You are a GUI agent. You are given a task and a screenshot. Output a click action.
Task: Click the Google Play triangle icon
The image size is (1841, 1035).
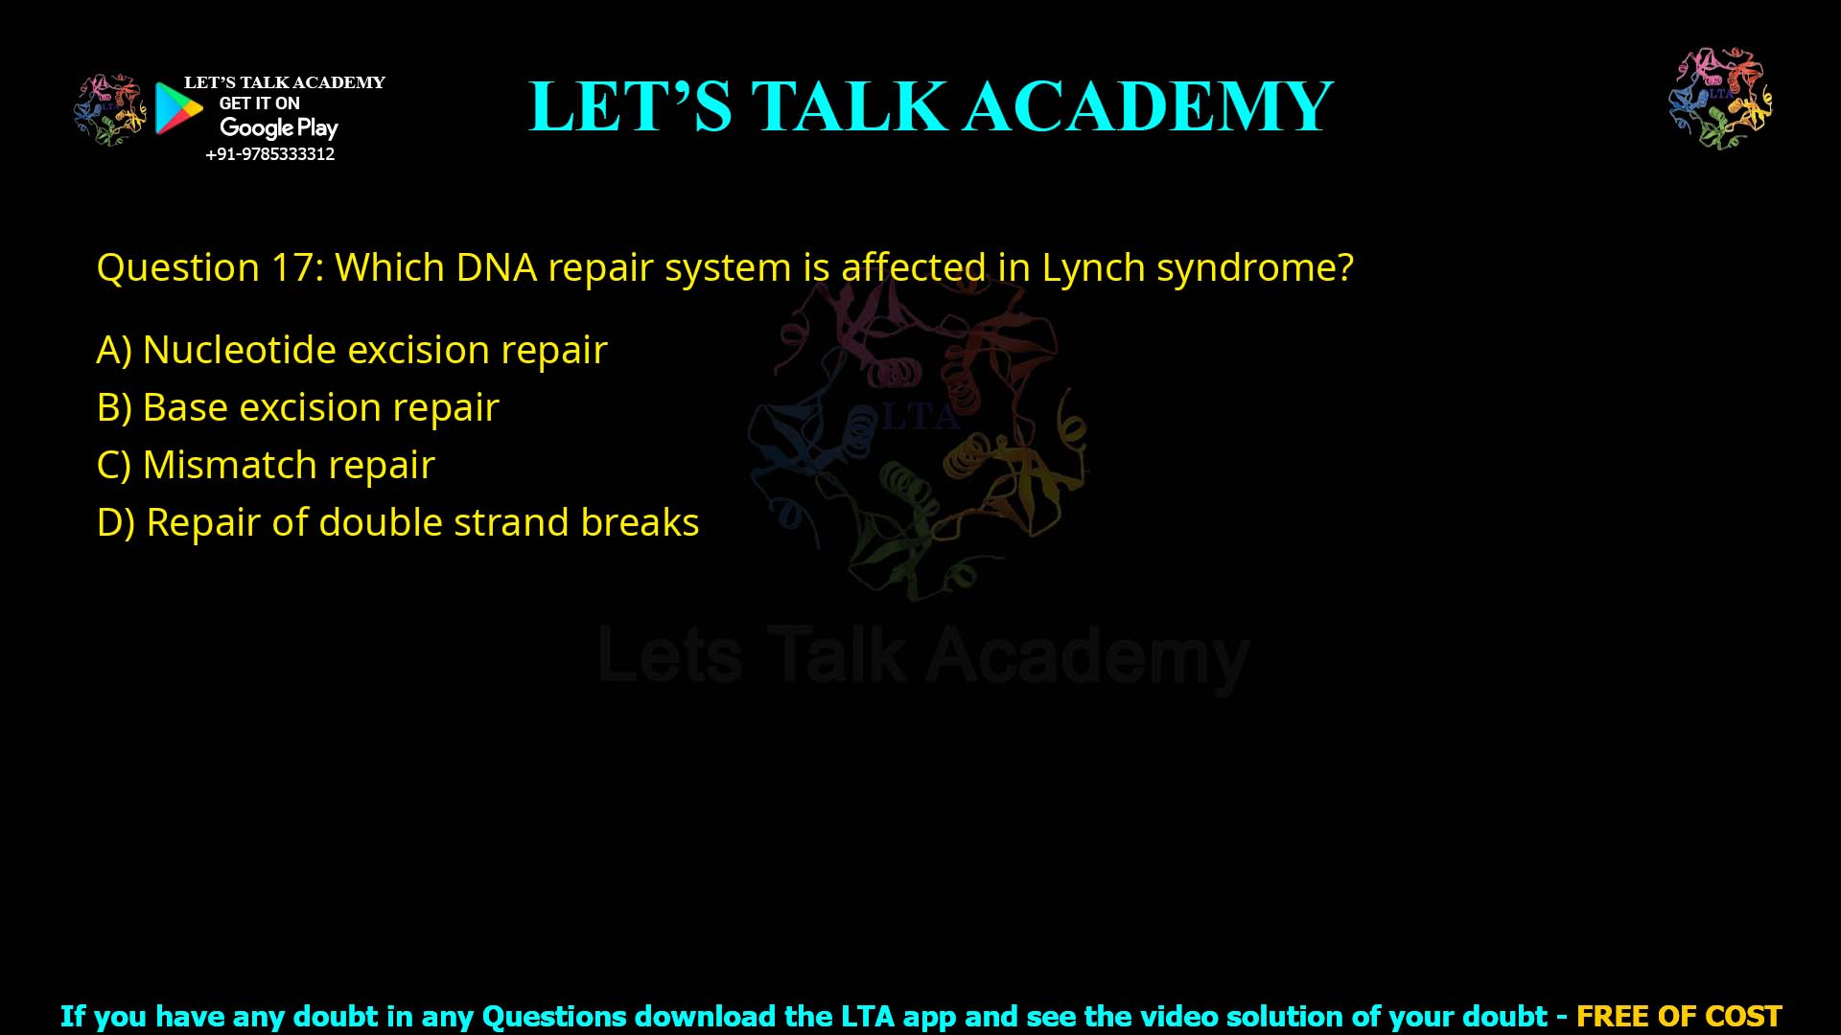(178, 108)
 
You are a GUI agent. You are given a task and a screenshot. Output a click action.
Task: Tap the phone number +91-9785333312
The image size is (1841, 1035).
(269, 154)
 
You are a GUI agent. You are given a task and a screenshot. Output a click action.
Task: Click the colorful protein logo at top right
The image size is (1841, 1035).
(1720, 98)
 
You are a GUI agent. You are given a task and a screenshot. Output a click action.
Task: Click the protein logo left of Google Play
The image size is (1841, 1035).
(109, 109)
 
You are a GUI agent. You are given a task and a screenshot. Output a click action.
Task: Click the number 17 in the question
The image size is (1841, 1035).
(292, 267)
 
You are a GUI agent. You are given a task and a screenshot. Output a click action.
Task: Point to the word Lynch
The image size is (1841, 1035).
(1093, 267)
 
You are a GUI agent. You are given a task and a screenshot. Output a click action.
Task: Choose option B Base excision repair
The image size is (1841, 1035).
(297, 408)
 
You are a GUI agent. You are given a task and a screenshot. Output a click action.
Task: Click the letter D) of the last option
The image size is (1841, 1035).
(115, 523)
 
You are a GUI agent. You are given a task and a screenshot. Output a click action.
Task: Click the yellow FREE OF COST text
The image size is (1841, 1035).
(1678, 1016)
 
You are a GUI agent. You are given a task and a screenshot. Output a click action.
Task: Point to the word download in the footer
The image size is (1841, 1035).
(704, 1016)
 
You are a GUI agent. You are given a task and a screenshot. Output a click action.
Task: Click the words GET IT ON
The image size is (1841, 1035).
(259, 103)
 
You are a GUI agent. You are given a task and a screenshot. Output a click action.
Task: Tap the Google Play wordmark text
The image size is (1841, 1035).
(278, 127)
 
